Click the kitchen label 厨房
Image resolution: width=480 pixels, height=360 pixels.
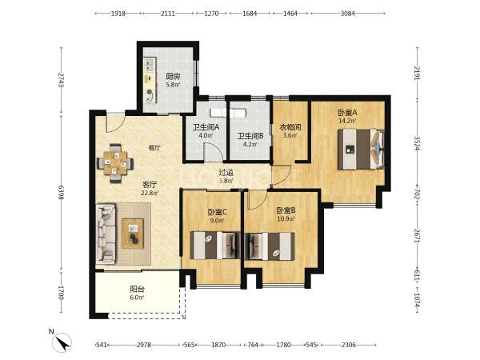tap(174, 76)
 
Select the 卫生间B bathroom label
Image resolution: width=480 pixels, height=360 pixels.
tap(250, 136)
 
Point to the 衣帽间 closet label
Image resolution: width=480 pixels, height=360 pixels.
tap(290, 126)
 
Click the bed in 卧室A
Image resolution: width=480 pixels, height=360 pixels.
tap(361, 150)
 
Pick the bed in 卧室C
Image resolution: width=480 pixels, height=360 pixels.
tap(215, 246)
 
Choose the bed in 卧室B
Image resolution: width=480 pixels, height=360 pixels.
tap(270, 246)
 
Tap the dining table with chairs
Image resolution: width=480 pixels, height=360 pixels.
tap(115, 163)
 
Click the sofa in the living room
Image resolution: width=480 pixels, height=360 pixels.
tap(106, 234)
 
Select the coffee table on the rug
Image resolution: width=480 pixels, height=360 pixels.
tap(133, 234)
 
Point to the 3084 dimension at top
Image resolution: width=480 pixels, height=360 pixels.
tap(348, 14)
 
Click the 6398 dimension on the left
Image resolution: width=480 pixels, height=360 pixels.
tap(62, 193)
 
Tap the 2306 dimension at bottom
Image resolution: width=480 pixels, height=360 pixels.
tap(349, 345)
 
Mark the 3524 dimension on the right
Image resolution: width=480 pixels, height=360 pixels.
tap(417, 143)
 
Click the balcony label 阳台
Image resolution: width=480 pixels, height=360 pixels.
tap(137, 289)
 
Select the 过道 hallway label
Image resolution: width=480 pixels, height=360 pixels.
tap(226, 173)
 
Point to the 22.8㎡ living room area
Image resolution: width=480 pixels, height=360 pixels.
tap(150, 193)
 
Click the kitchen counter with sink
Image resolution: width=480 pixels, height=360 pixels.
tap(150, 80)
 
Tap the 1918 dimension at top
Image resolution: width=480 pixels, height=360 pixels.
tap(118, 14)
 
